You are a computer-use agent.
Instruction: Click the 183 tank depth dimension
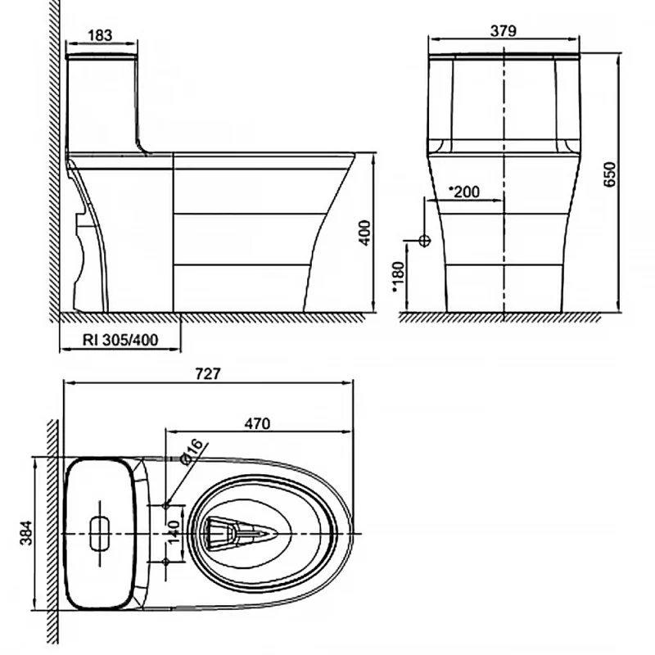tap(100, 35)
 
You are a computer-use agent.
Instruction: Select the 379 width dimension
tap(504, 31)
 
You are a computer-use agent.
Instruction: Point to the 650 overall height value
tap(610, 174)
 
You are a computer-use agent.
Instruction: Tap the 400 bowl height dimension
tap(364, 233)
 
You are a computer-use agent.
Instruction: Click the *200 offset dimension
tap(464, 192)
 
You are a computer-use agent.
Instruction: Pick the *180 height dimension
tap(398, 277)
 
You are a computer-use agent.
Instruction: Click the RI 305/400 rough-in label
tap(120, 340)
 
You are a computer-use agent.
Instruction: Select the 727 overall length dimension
tap(208, 373)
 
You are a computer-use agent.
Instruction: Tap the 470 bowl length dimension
tap(257, 423)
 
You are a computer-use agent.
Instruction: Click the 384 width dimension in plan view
tap(26, 533)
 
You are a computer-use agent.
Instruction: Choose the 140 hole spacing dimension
tap(174, 531)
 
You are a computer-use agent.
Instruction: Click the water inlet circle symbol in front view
tap(424, 241)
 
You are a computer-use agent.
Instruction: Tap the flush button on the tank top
tap(100, 534)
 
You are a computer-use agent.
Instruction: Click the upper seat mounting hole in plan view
tap(166, 505)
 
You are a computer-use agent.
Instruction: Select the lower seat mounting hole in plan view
tap(166, 562)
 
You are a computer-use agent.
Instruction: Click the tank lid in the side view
tap(102, 56)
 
